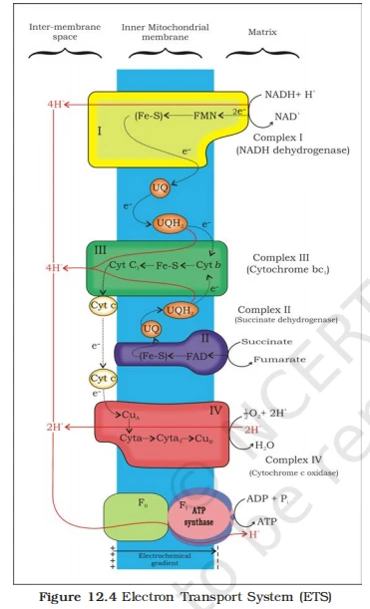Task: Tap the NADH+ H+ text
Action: point(289,96)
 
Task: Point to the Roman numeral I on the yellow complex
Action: point(99,130)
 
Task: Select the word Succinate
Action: point(266,341)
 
